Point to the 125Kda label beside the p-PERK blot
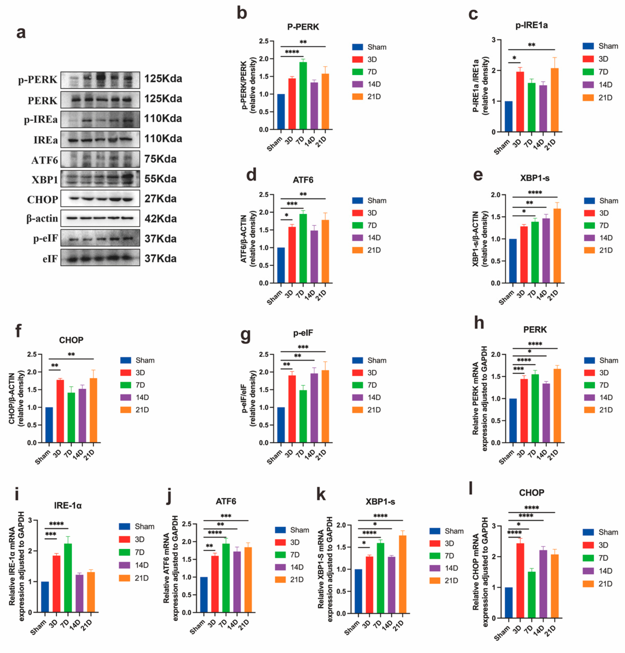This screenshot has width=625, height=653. click(163, 79)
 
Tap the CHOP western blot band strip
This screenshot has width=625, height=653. click(100, 199)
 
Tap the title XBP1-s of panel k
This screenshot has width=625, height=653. click(380, 502)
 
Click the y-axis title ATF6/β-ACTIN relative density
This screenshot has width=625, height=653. click(248, 239)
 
